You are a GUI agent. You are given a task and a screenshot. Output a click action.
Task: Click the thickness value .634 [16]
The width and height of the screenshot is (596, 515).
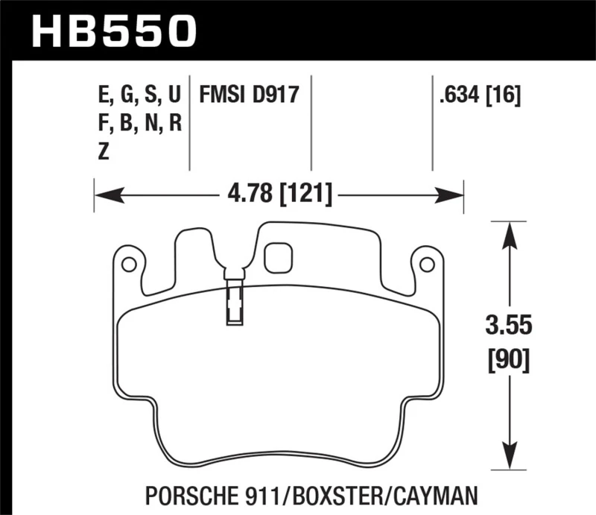pyautogui.click(x=479, y=95)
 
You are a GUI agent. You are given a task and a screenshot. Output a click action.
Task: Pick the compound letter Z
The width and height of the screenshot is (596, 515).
pyautogui.click(x=104, y=151)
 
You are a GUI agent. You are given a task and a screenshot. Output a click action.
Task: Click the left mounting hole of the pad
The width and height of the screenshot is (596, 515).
pyautogui.click(x=128, y=264)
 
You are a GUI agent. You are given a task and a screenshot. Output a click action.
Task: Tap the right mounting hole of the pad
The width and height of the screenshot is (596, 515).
pyautogui.click(x=426, y=264)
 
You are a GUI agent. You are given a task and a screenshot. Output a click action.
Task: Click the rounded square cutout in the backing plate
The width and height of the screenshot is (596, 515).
pyautogui.click(x=278, y=257)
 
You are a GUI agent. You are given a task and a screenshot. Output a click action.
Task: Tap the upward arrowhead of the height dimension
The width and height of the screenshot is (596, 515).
pyautogui.click(x=509, y=235)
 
